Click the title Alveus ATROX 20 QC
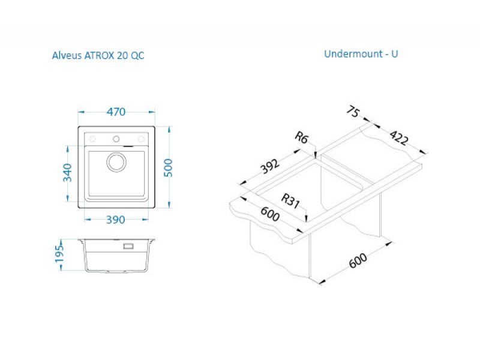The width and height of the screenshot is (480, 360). click(x=98, y=55)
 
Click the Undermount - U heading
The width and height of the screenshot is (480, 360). click(x=361, y=54)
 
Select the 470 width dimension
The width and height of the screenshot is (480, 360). click(x=116, y=112)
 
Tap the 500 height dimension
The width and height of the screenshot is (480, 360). click(x=168, y=168)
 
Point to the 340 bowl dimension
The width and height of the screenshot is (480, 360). click(x=67, y=173)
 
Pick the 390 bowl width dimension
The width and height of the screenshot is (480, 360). click(x=115, y=220)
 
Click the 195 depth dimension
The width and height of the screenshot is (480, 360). click(x=59, y=254)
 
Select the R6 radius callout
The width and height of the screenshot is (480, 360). click(x=301, y=137)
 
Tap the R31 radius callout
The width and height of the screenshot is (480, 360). click(x=290, y=201)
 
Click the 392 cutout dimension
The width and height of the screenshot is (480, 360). click(x=269, y=166)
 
